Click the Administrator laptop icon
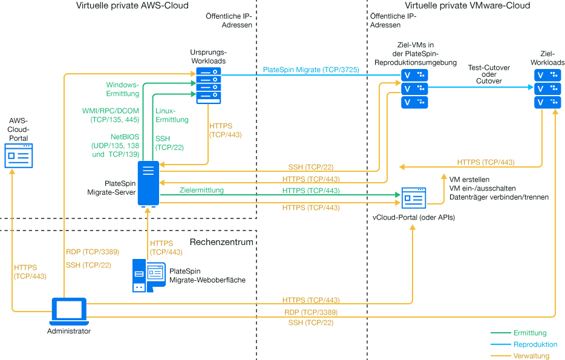click(69, 311)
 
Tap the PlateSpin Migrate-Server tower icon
click(148, 183)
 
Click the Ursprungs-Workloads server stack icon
click(209, 86)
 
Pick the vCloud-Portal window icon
click(413, 198)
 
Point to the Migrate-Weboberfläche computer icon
click(148, 275)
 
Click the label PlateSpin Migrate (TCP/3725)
click(311, 70)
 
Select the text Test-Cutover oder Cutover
click(489, 74)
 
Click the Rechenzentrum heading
click(221, 242)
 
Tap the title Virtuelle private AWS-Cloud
click(132, 6)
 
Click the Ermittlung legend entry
click(530, 333)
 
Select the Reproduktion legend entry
click(535, 344)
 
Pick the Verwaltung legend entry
click(531, 356)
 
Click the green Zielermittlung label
click(201, 191)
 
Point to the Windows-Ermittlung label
click(123, 89)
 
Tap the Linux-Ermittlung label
click(172, 115)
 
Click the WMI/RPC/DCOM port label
click(111, 116)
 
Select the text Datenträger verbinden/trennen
click(499, 197)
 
